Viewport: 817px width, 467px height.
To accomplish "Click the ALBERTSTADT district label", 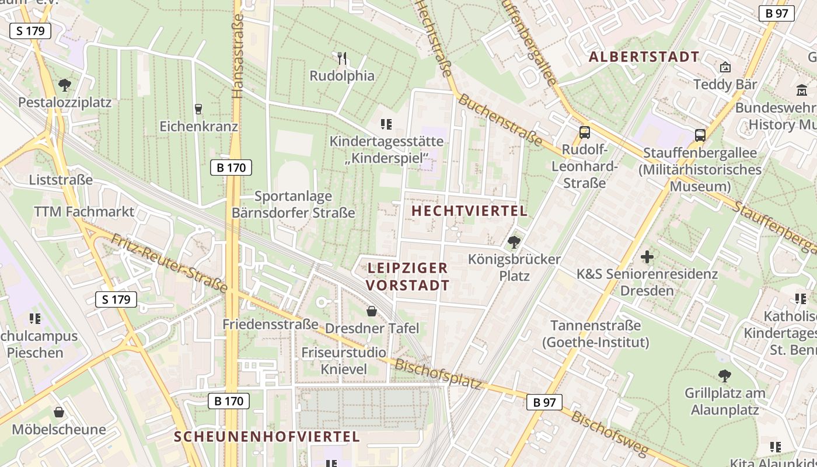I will pos(644,57).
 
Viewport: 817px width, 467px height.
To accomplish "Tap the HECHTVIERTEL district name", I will pos(469,211).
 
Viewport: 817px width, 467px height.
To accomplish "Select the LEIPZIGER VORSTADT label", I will pos(408,276).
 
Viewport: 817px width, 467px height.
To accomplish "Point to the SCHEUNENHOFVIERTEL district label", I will pos(267,437).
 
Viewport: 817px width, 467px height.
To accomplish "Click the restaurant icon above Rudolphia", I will pos(342,58).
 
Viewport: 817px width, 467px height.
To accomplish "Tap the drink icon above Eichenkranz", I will pos(198,109).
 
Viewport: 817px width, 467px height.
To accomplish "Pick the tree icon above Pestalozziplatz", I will pos(64,85).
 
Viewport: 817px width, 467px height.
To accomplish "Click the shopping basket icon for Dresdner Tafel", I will pos(371,312).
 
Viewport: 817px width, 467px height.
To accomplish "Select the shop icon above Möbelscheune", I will pos(59,412).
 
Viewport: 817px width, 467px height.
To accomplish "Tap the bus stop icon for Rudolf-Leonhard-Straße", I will pos(584,133).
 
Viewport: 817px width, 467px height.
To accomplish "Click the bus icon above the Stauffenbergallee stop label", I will pos(700,135).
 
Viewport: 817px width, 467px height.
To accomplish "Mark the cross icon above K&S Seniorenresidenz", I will pos(647,256).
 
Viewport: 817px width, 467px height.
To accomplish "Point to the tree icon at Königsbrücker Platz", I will pos(514,242).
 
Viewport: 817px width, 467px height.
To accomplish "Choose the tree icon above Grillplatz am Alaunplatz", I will pos(724,375).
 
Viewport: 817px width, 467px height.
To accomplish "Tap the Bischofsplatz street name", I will pos(438,374).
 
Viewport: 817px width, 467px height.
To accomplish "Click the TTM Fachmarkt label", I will pos(84,211).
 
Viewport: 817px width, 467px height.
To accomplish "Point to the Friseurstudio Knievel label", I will pos(344,361).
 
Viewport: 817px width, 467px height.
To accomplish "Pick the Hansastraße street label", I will pos(238,55).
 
